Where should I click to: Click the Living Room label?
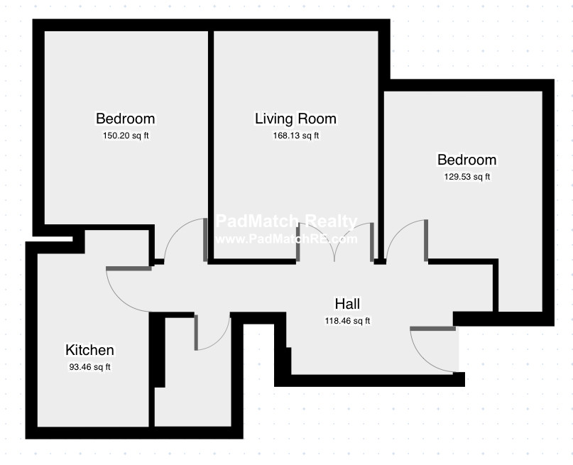click(295, 119)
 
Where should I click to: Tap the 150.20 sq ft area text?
click(126, 136)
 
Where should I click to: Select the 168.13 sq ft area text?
click(296, 136)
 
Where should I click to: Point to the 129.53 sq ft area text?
click(467, 177)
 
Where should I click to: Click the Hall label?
click(347, 304)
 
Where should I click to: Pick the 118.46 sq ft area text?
click(347, 321)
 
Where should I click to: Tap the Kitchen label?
click(90, 350)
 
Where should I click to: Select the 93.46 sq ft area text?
click(90, 367)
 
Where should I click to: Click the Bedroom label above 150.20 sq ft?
click(126, 119)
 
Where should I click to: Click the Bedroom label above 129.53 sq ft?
click(467, 160)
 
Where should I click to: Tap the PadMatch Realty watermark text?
click(287, 221)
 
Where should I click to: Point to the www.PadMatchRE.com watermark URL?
click(287, 239)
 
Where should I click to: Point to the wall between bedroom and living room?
click(211, 146)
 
